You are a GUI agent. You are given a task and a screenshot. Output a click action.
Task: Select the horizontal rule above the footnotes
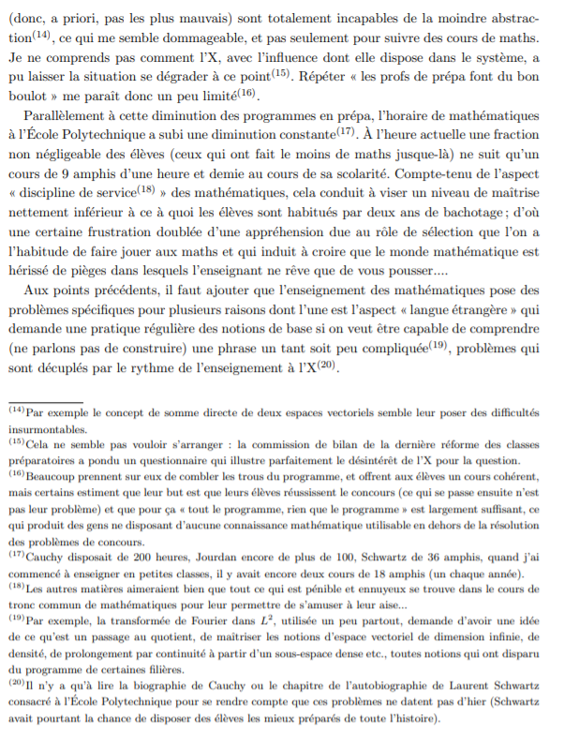[47, 401]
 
